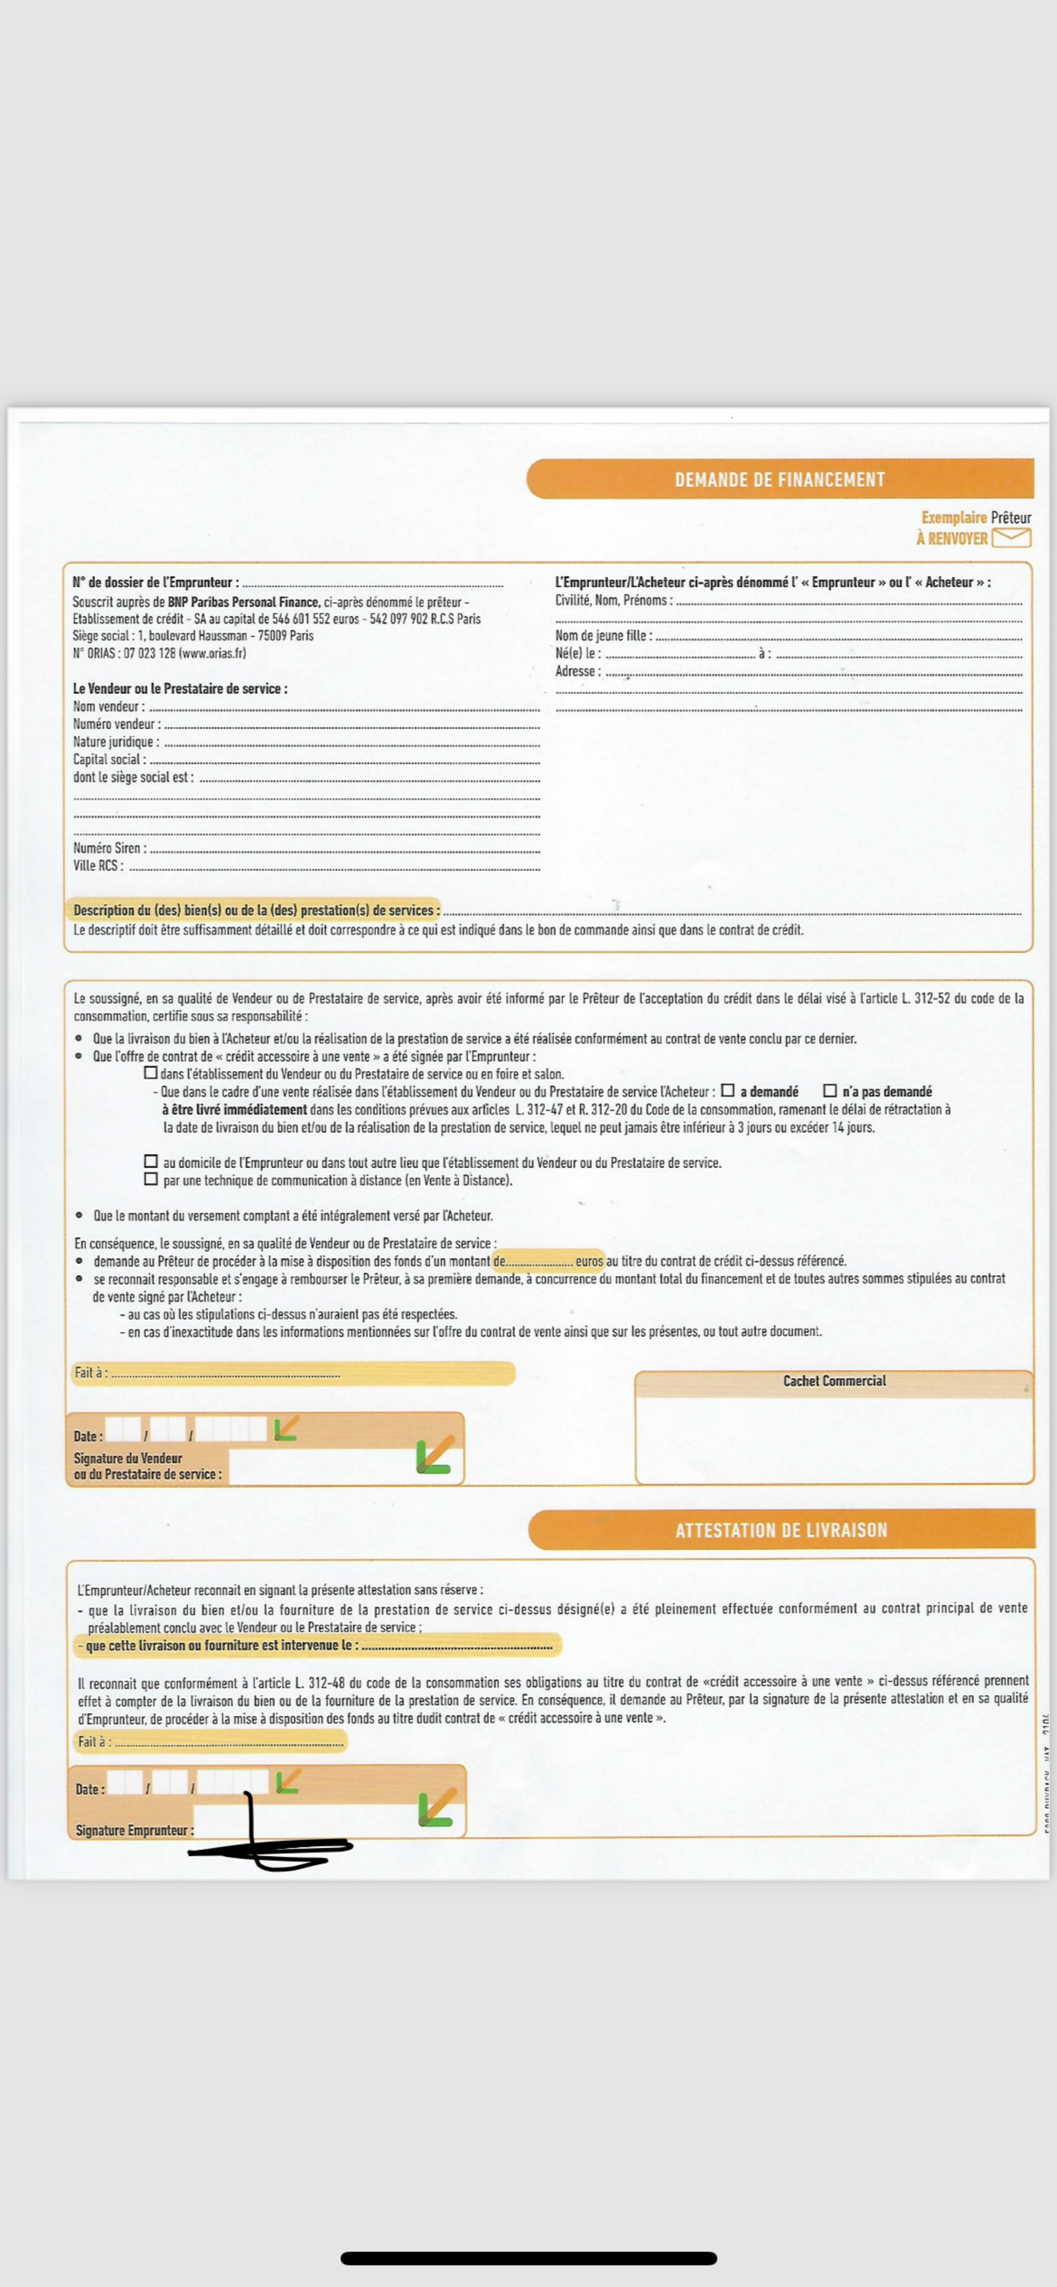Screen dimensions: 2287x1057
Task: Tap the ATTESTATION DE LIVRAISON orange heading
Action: (x=781, y=1530)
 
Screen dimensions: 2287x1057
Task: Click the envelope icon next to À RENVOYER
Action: (x=1011, y=538)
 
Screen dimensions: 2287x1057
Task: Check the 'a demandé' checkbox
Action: (x=727, y=1091)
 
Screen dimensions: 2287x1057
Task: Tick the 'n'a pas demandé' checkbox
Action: (x=830, y=1091)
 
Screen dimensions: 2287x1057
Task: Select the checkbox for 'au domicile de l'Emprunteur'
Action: (x=151, y=1161)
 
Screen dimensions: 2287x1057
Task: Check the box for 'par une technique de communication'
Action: (x=151, y=1179)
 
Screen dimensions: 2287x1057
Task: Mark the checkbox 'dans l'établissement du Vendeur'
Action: (x=150, y=1073)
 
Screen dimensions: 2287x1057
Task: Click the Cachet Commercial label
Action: (x=834, y=1381)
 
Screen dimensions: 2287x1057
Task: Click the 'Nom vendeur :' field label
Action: (x=108, y=706)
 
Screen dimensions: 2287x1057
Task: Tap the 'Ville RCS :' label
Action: (x=98, y=866)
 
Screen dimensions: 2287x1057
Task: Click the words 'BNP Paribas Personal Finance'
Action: (x=244, y=602)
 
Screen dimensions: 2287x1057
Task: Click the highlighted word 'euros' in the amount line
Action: (x=589, y=1261)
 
